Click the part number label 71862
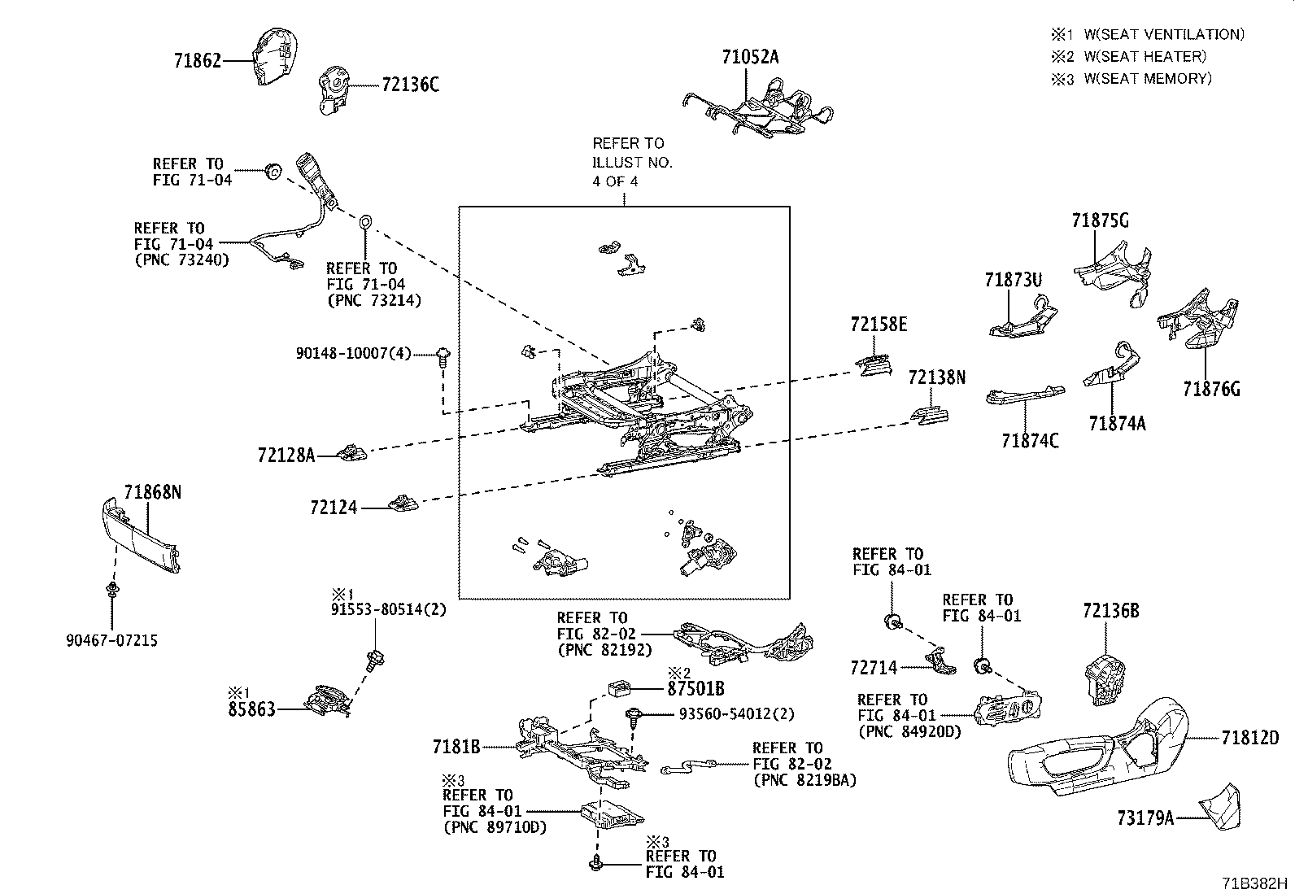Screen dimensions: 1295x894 (x=198, y=60)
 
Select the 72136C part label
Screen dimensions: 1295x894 (x=411, y=85)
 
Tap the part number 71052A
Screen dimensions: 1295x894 (x=750, y=57)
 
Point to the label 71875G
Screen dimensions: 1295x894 (x=1100, y=220)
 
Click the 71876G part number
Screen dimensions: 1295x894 (x=1211, y=389)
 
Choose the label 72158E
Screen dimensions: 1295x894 (x=879, y=324)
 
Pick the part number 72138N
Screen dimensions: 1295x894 (x=936, y=377)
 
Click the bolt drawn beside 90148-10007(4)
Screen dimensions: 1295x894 (x=443, y=357)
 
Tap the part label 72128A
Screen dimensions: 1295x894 (x=286, y=456)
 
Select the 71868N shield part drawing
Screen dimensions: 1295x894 (x=141, y=535)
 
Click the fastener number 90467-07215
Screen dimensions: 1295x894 (x=111, y=641)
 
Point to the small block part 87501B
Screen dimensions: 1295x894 (x=618, y=688)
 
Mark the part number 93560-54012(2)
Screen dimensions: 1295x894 (x=736, y=714)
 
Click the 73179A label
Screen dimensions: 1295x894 (x=1145, y=818)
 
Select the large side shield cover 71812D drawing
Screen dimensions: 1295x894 (x=1098, y=749)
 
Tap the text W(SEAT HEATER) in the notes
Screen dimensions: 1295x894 (x=1145, y=57)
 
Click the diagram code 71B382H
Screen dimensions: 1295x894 (x=1254, y=883)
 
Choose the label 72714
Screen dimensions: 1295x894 (x=874, y=668)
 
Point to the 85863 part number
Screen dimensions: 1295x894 (x=251, y=709)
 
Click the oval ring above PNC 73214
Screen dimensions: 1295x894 (x=365, y=222)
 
